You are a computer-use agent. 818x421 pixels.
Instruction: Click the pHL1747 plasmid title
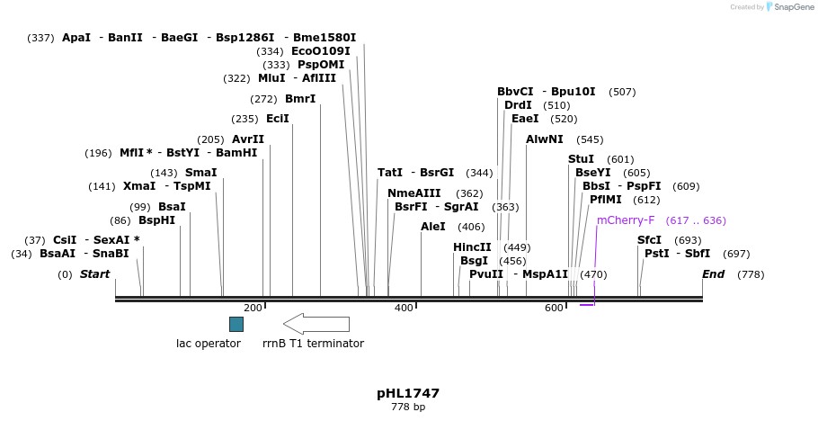pyautogui.click(x=408, y=394)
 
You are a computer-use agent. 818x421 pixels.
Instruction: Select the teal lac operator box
pyautogui.click(x=236, y=324)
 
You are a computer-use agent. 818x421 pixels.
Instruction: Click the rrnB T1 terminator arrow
pyautogui.click(x=316, y=324)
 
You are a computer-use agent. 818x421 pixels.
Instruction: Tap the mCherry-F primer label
pyautogui.click(x=626, y=220)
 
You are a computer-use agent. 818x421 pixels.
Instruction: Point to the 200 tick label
pyautogui.click(x=253, y=309)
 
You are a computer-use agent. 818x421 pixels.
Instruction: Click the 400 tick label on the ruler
pyautogui.click(x=404, y=309)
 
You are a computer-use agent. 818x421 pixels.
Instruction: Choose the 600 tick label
pyautogui.click(x=554, y=309)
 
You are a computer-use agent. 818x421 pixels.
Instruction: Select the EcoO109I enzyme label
pyautogui.click(x=320, y=51)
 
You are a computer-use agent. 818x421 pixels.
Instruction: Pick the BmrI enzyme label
pyautogui.click(x=300, y=99)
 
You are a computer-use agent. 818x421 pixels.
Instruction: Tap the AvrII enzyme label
pyautogui.click(x=248, y=139)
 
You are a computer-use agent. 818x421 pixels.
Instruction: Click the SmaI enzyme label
pyautogui.click(x=200, y=173)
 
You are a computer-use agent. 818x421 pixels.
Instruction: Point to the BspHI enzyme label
pyautogui.click(x=156, y=220)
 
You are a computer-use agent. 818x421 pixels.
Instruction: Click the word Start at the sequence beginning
pyautogui.click(x=94, y=274)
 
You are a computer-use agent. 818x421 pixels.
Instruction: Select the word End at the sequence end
pyautogui.click(x=713, y=274)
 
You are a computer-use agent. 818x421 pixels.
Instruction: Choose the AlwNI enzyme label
pyautogui.click(x=545, y=139)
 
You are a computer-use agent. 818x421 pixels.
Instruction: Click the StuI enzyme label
pyautogui.click(x=581, y=159)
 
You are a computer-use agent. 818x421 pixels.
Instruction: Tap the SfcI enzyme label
pyautogui.click(x=649, y=240)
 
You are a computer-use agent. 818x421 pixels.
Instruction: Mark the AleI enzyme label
pyautogui.click(x=432, y=227)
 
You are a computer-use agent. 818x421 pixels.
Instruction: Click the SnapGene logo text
pyautogui.click(x=792, y=7)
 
